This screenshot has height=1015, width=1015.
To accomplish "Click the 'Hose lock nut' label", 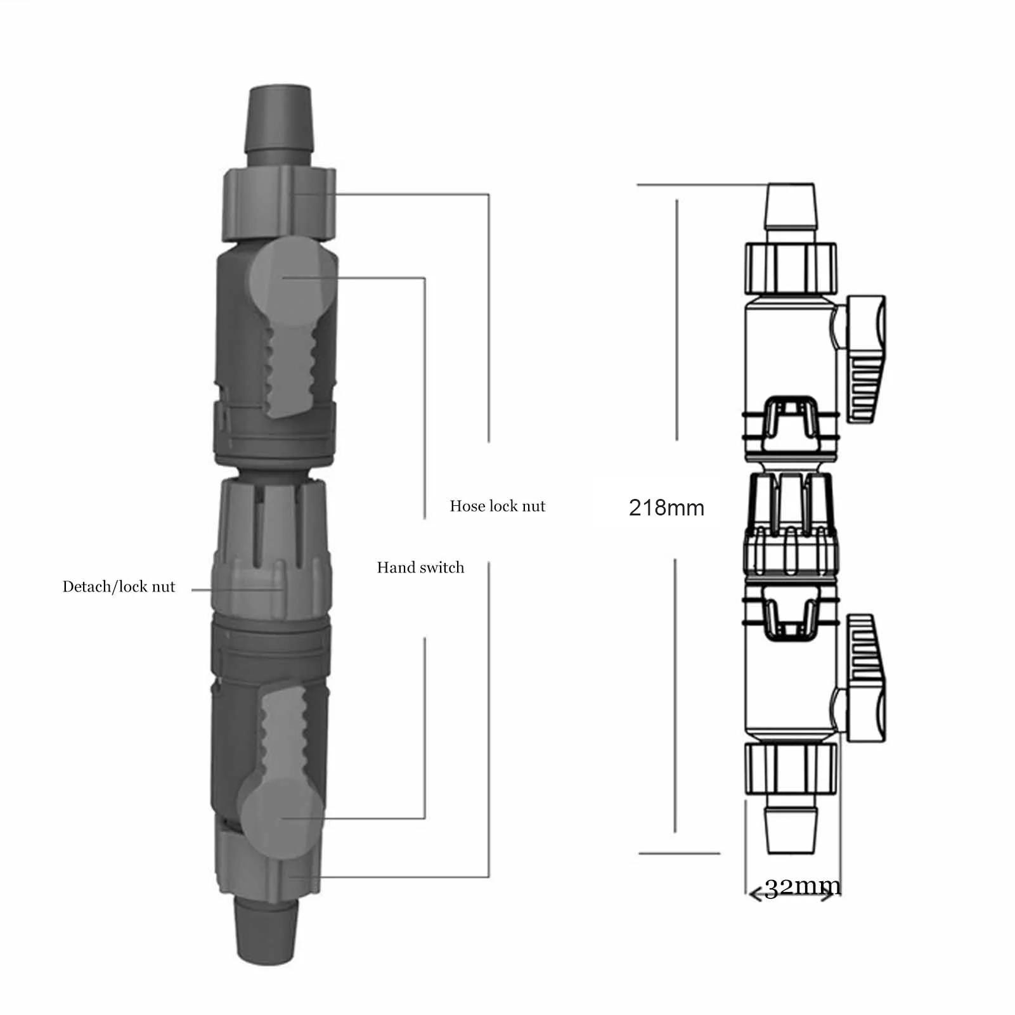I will [497, 506].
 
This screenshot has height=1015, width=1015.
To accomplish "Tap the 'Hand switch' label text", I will [420, 567].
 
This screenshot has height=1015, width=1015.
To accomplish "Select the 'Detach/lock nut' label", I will [119, 586].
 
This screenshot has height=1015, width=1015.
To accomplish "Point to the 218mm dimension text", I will [666, 508].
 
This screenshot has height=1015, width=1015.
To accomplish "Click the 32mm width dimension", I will [802, 887].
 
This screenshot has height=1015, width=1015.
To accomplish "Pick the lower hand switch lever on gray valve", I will [282, 761].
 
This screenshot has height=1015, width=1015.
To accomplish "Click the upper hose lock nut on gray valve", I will [279, 203].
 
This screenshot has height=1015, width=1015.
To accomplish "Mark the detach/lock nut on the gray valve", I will [271, 586].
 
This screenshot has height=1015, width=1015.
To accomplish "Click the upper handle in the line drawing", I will [862, 358].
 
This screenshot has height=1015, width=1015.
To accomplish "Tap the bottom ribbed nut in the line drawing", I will [790, 769].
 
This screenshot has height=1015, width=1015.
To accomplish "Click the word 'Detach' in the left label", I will [85, 586].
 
